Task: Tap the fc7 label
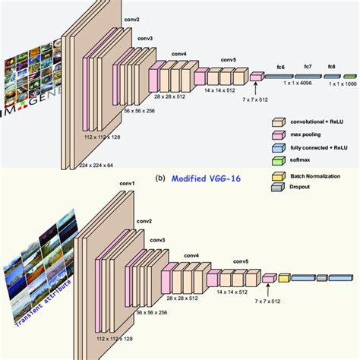click(308, 67)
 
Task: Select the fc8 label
click(332, 67)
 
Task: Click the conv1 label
click(128, 183)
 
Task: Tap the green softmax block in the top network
click(349, 76)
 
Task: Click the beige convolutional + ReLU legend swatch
click(279, 120)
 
